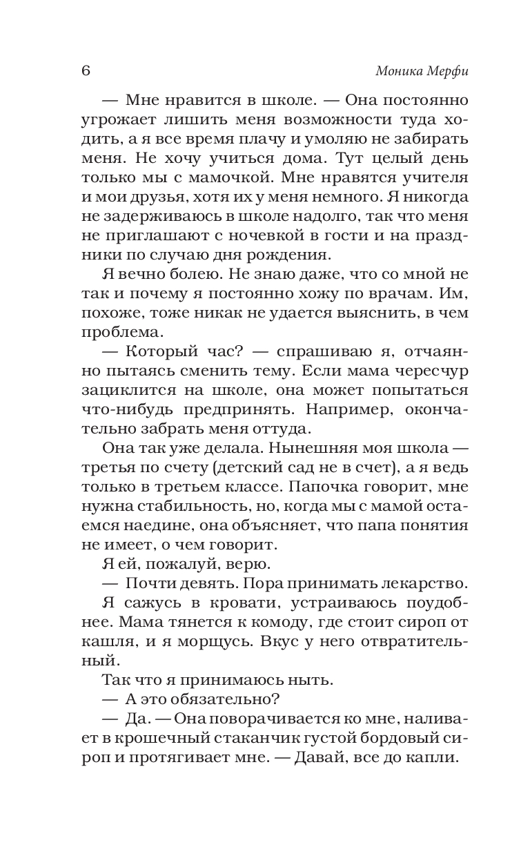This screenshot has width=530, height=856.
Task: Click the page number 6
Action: tap(86, 71)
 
